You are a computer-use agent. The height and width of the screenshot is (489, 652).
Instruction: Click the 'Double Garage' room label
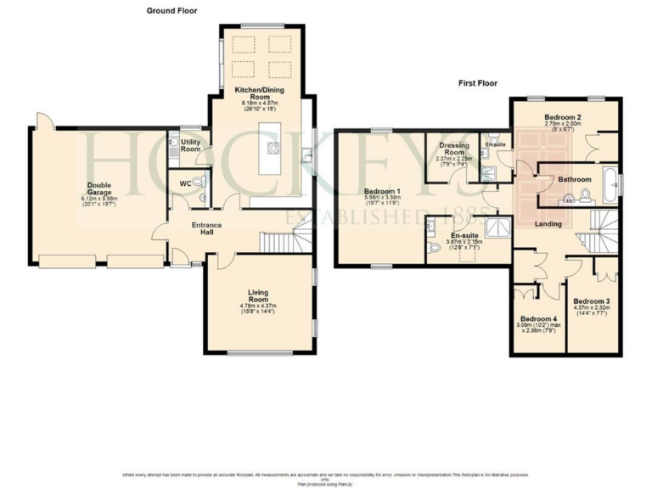98,188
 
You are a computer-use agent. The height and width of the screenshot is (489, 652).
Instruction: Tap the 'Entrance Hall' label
206,228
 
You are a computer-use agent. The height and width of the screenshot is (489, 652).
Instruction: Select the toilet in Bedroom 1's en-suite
436,247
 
